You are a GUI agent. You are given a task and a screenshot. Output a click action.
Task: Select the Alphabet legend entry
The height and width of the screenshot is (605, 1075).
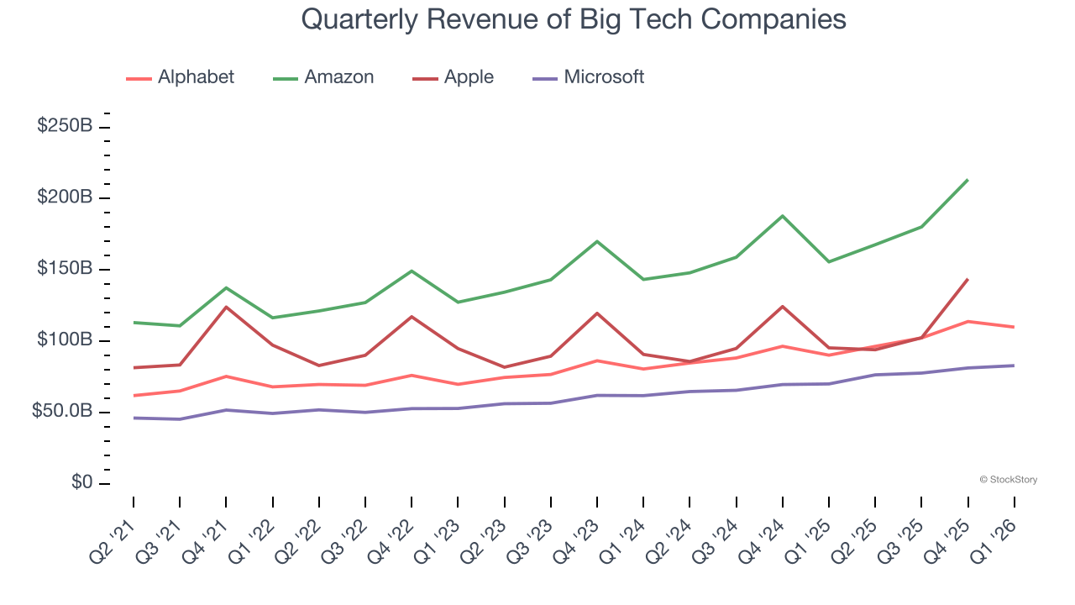[x=181, y=77]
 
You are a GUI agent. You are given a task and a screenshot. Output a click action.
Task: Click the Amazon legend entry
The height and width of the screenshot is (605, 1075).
[x=323, y=77]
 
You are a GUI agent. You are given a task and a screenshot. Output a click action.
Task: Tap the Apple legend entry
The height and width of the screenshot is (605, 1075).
[x=454, y=77]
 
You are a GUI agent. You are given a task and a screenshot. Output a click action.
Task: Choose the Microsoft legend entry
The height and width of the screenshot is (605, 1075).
[x=589, y=77]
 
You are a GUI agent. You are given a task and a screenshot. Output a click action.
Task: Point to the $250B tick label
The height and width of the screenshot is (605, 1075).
[x=65, y=126]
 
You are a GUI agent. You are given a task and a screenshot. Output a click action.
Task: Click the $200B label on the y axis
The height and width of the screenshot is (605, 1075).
[x=65, y=197]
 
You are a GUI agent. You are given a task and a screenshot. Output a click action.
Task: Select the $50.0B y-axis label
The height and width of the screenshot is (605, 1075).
[x=62, y=412]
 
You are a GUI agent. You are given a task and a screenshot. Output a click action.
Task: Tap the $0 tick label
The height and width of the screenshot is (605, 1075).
[x=81, y=483]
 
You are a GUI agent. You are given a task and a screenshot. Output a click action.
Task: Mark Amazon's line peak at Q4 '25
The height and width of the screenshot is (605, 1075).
[x=967, y=180]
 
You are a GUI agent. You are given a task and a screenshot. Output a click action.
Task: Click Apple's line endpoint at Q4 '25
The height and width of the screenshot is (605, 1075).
[x=967, y=279]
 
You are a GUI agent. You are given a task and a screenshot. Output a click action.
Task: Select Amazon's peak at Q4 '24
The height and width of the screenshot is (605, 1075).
[x=783, y=216]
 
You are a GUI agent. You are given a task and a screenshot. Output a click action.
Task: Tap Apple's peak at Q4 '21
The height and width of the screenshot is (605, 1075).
[x=226, y=307]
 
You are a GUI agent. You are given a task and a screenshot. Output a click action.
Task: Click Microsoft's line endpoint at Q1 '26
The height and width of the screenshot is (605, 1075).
[x=1014, y=366]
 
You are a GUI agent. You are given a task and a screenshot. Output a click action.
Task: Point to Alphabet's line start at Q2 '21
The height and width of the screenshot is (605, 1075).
[x=134, y=396]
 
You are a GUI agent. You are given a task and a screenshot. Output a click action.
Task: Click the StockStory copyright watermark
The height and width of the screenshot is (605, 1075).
[x=1008, y=480]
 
